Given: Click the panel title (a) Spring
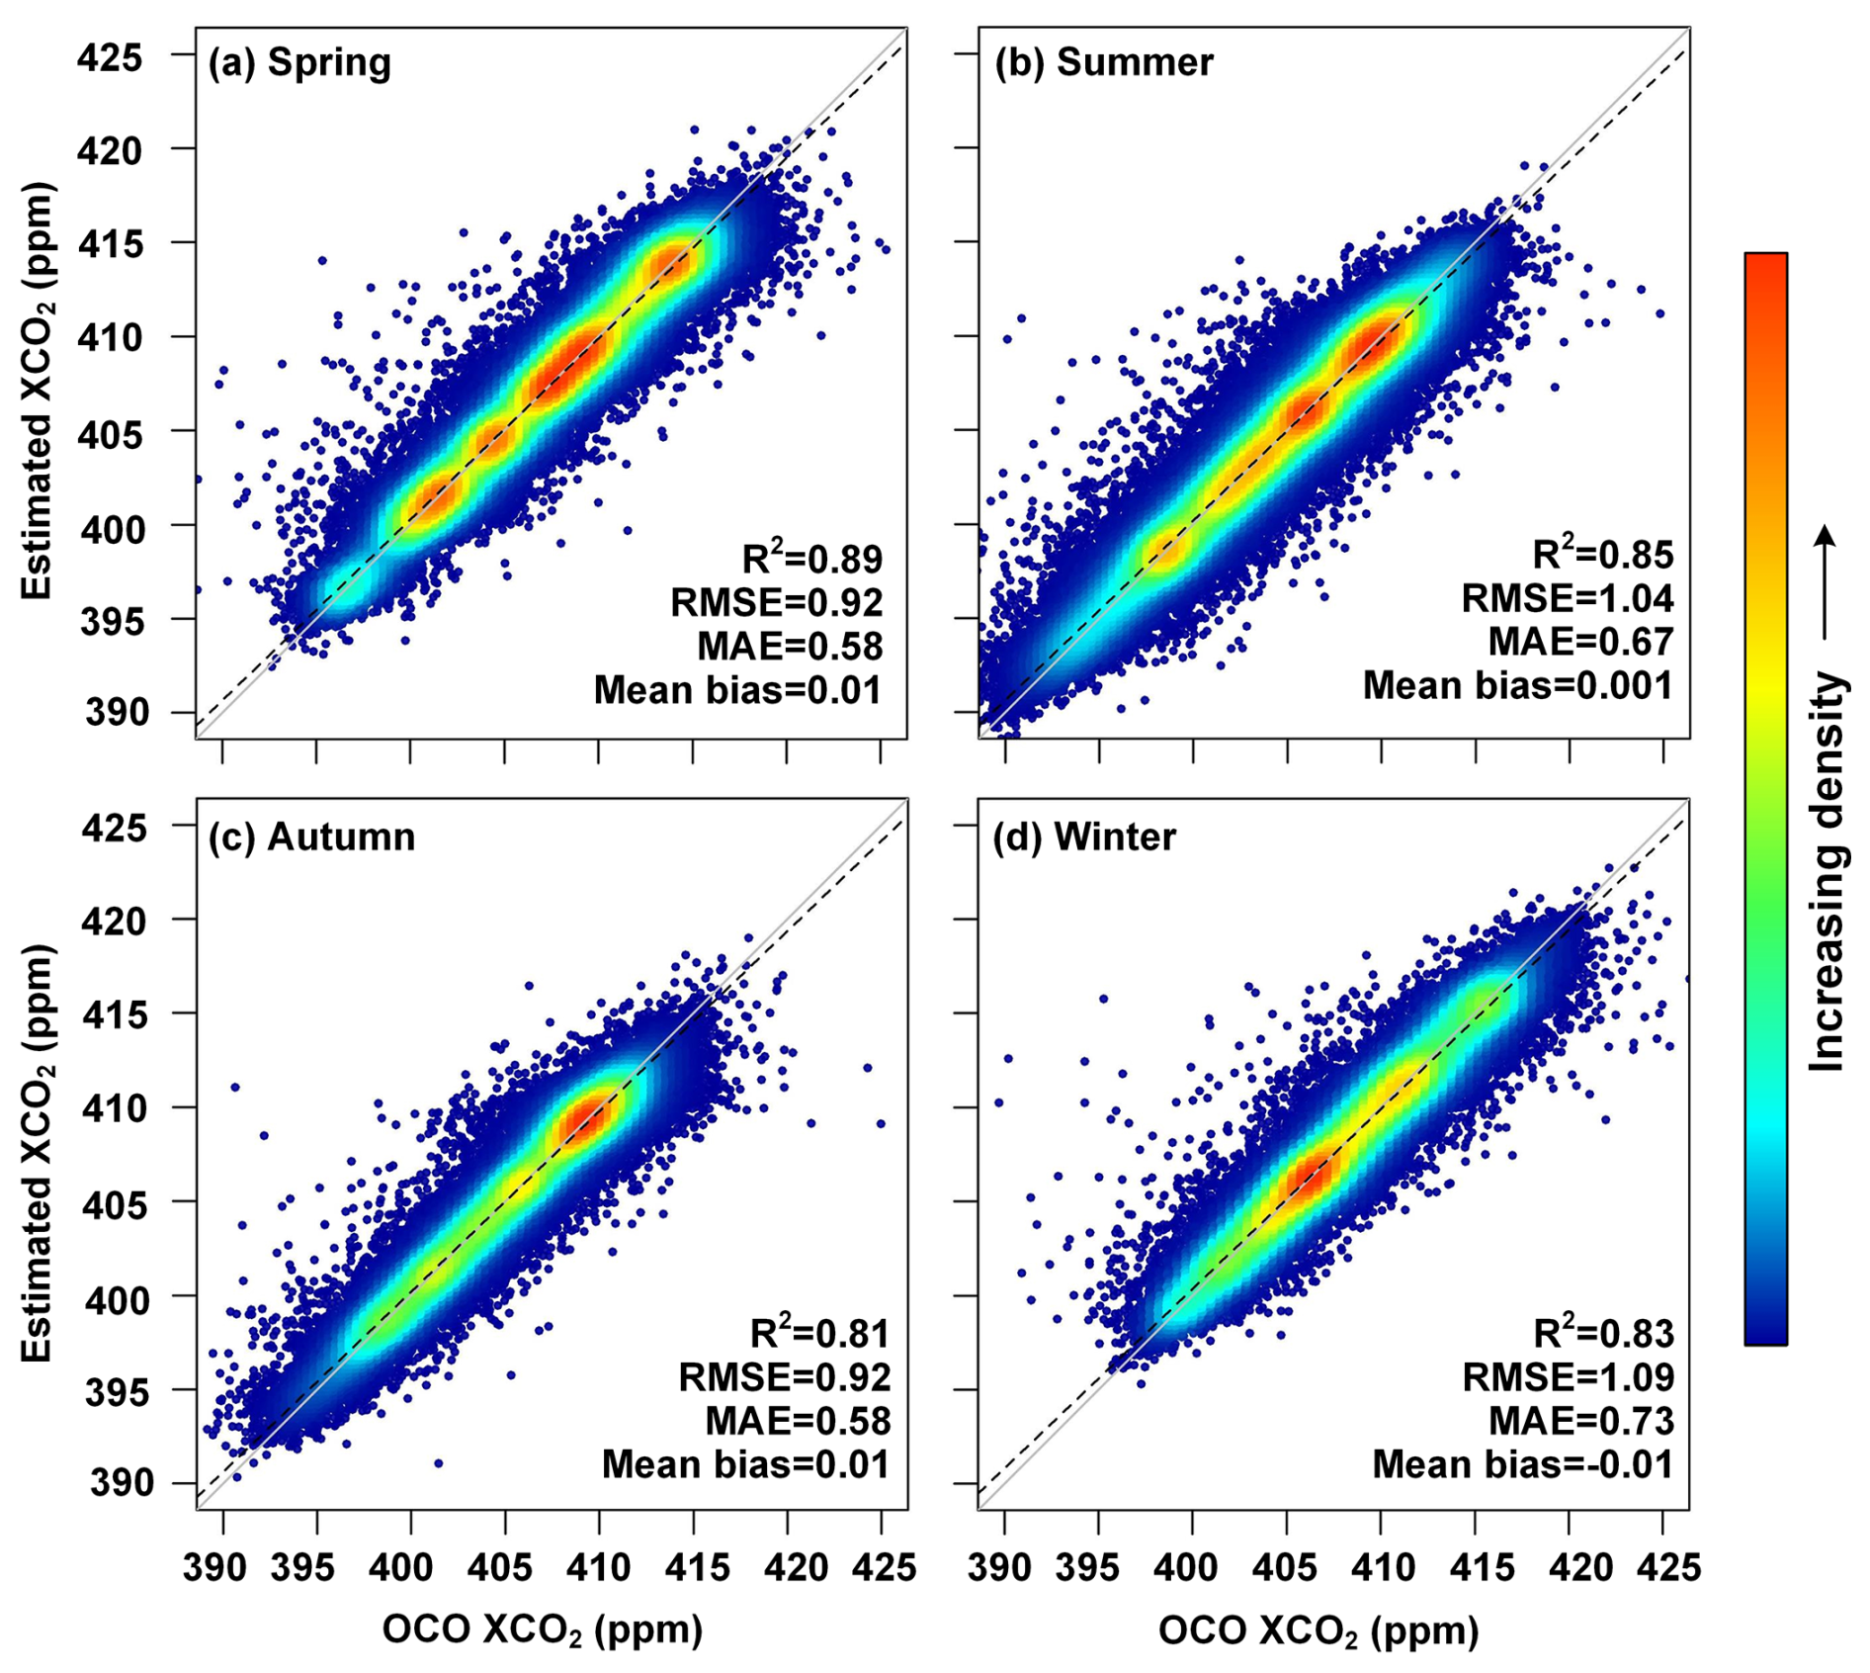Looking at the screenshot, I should point(299,62).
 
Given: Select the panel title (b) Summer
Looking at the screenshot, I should point(1104,62).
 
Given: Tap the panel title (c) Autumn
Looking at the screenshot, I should point(311,836).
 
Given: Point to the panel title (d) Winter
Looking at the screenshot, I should point(1084,836).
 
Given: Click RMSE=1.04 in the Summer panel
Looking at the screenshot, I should point(1568,598).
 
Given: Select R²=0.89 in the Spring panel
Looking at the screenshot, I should point(811,559).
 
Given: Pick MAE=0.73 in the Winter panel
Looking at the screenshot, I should point(1580,1421).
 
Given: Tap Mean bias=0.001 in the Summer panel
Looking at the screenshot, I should point(1517,685).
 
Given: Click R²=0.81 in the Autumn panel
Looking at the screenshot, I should point(819,1333).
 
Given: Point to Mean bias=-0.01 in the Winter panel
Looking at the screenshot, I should point(1522,1464).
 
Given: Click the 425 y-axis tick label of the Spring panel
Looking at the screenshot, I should point(110,57).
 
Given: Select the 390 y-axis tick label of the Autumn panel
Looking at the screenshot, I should point(123,1483).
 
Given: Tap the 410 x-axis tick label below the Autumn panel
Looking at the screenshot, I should point(599,1568).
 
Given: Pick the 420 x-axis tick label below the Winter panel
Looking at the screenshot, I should point(1570,1568).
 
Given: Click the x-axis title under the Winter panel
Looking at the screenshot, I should point(1317,1630).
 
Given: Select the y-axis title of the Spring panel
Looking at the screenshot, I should point(38,391).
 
